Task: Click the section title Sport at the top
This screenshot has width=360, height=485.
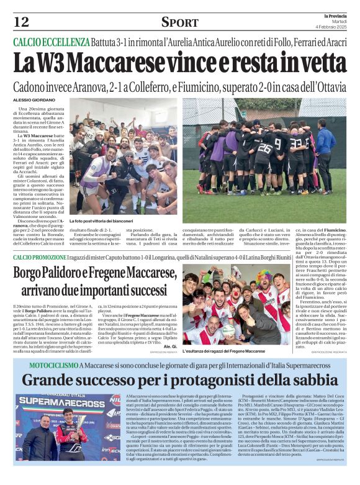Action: [x=179, y=23]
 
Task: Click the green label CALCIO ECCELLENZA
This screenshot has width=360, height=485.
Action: [x=52, y=42]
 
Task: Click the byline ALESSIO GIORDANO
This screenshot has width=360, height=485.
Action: [x=31, y=100]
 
